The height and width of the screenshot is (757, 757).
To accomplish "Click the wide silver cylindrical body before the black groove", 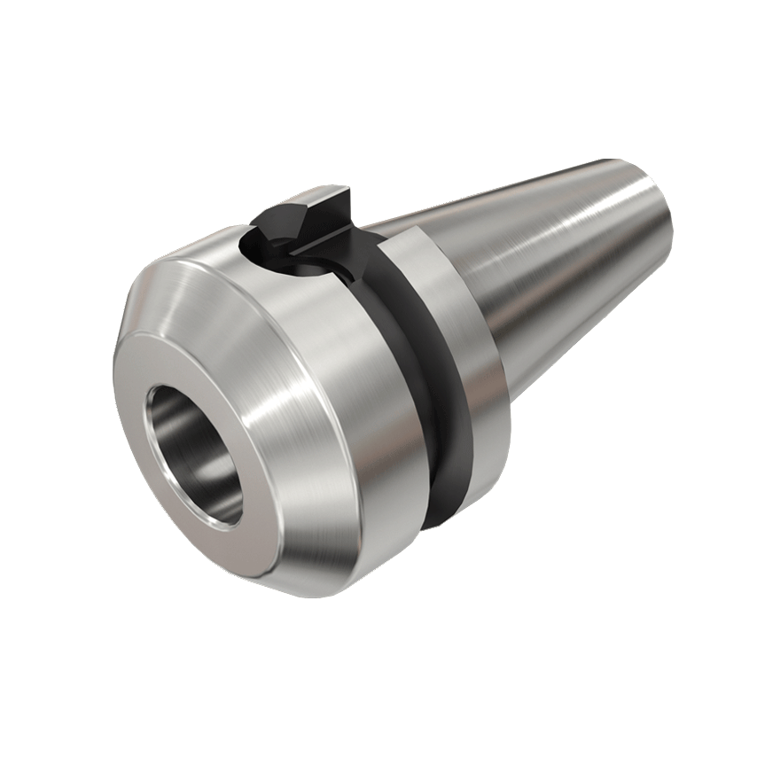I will pyautogui.click(x=355, y=372).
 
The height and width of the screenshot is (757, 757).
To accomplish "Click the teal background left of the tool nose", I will pyautogui.click(x=53, y=372).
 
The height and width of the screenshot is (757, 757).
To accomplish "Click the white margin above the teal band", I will pyautogui.click(x=378, y=71).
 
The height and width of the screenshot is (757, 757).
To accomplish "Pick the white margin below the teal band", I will pyautogui.click(x=378, y=683).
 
